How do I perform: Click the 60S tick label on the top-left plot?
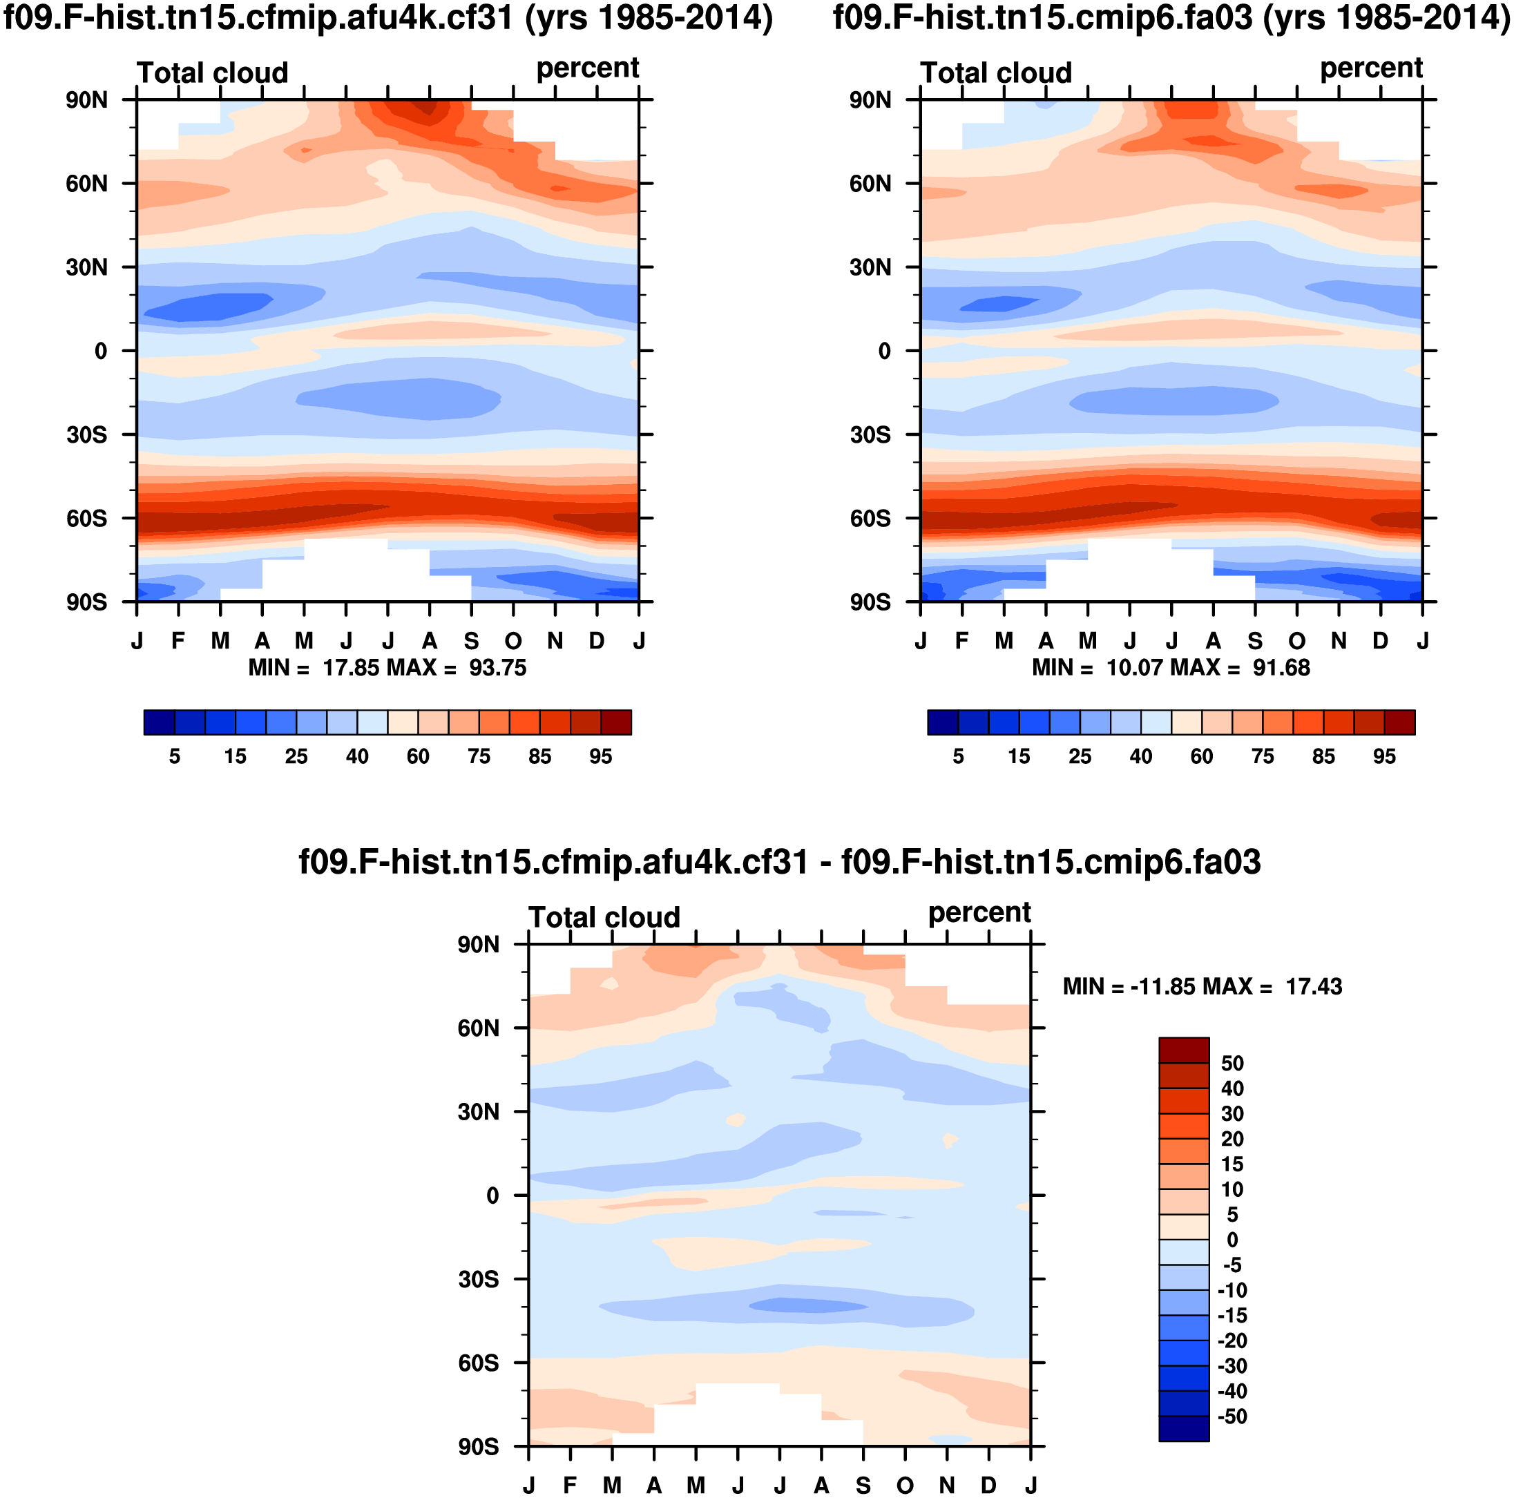(x=86, y=519)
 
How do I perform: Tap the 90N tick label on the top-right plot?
(x=870, y=100)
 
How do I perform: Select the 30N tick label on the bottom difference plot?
(x=478, y=1112)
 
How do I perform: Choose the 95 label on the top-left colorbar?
(x=600, y=757)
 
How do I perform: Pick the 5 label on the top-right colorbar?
(x=957, y=757)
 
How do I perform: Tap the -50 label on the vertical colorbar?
(x=1232, y=1417)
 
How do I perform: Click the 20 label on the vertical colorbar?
(x=1232, y=1139)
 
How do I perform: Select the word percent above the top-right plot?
(x=1370, y=69)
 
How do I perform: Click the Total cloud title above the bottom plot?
(x=604, y=917)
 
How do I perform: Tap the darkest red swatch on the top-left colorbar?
(x=616, y=722)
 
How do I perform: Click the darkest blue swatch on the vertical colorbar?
(x=1183, y=1429)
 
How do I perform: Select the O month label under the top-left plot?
(x=513, y=641)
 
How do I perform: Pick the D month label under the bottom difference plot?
(x=989, y=1486)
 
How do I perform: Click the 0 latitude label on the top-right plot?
(x=884, y=351)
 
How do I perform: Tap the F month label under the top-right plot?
(x=962, y=641)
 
